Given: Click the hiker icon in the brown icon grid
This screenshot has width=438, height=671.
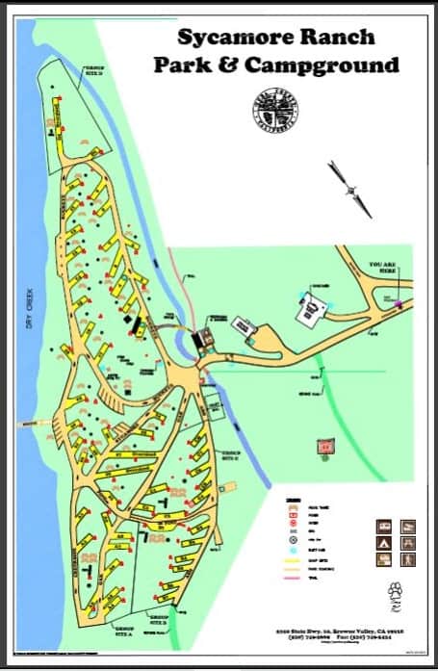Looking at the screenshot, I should coord(407,557).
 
